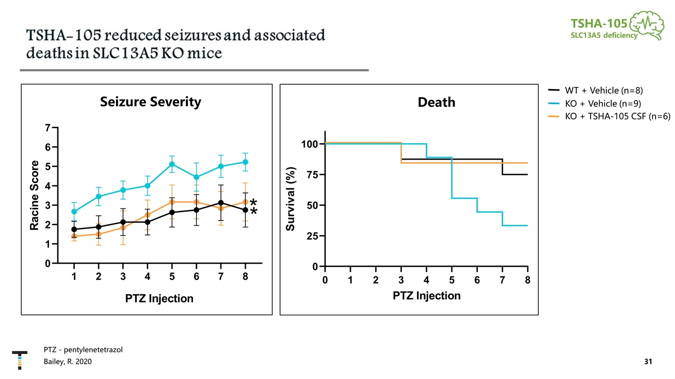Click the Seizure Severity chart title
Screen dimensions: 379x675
point(150,102)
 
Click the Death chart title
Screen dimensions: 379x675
point(436,102)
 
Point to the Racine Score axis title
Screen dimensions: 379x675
point(35,195)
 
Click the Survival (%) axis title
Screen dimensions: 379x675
point(291,199)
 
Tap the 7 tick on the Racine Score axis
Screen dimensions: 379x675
point(48,128)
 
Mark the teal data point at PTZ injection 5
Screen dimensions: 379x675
point(172,164)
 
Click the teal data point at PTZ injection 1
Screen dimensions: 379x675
point(74,212)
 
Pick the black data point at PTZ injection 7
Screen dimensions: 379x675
point(221,203)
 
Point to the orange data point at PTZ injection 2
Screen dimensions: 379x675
point(99,234)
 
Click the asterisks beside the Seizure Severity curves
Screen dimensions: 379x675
point(254,207)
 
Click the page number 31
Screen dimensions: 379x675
point(648,362)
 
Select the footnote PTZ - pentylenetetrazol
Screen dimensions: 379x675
point(83,350)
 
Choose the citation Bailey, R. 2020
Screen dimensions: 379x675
point(68,362)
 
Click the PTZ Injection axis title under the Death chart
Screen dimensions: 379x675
point(426,296)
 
